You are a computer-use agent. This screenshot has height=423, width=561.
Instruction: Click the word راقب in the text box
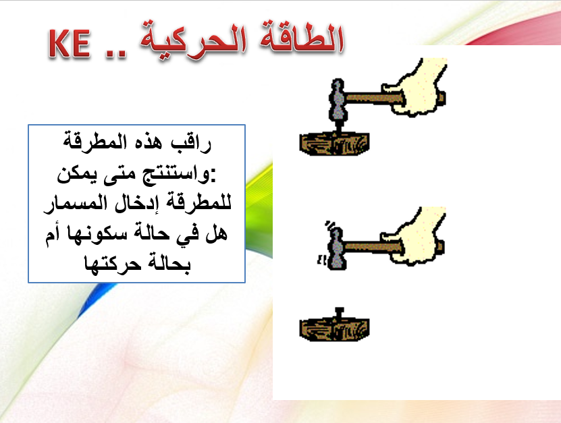tap(196, 144)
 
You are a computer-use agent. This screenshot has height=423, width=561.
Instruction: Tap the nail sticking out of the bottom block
tap(340, 313)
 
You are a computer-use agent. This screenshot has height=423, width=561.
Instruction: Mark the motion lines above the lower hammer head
tap(329, 224)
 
